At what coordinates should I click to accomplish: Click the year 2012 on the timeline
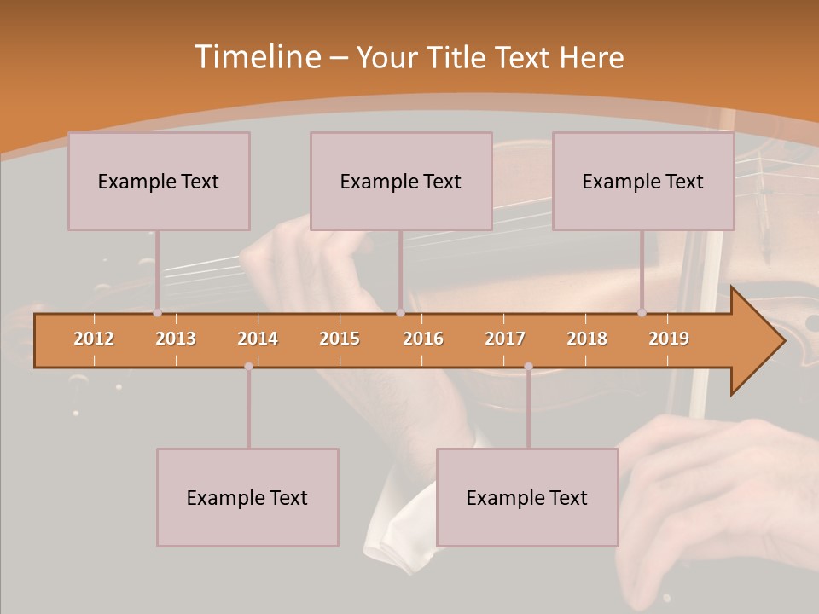point(94,339)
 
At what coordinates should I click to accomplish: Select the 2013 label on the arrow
point(176,339)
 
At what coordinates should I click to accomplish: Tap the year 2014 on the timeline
point(258,339)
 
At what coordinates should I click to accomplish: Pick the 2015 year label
point(340,339)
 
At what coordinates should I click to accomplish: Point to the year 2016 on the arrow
point(423,339)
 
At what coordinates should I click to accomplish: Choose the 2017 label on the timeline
point(505,339)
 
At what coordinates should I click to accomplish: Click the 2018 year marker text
point(587,339)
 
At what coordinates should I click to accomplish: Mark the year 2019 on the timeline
point(669,339)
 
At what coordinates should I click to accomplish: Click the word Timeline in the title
point(256,57)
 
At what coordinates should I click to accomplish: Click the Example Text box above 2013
point(159,181)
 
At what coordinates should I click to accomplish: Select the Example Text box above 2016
point(401,181)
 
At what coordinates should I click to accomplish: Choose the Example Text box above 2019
point(643,181)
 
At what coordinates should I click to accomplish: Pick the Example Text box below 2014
point(247,497)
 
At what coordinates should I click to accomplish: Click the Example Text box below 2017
point(527,497)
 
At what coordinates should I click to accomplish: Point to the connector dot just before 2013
point(157,313)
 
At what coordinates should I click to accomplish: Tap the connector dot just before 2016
point(400,313)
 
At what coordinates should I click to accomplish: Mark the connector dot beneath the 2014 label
point(248,367)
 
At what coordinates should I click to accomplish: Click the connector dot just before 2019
point(642,313)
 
